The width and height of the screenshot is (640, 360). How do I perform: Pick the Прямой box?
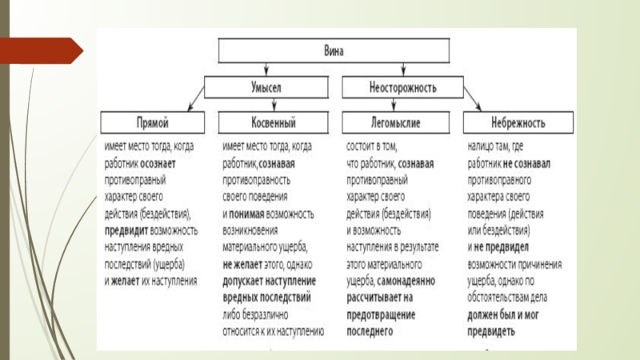point(152,122)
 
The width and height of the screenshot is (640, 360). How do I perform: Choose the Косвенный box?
point(269,122)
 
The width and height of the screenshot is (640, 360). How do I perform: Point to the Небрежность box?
point(517,122)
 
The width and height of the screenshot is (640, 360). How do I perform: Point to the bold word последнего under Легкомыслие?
point(370,330)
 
